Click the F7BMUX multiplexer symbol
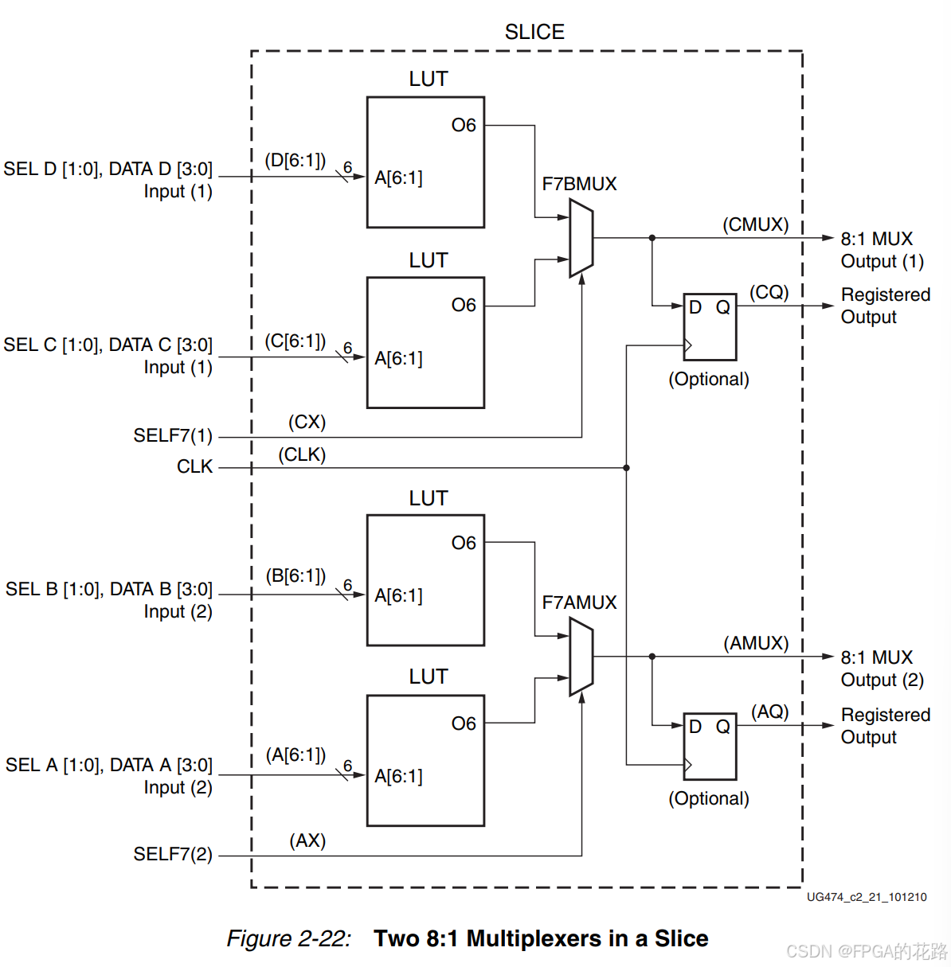click(x=581, y=238)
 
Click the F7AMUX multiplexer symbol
click(x=581, y=657)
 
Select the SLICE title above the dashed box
click(x=534, y=32)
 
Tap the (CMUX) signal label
click(x=755, y=224)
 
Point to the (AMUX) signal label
click(x=756, y=643)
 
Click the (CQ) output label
click(x=769, y=292)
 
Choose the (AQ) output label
click(x=769, y=712)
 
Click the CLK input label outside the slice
click(x=195, y=466)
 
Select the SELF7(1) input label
click(x=173, y=435)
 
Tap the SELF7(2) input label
click(x=173, y=854)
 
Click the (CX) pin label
click(x=307, y=422)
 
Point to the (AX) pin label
click(x=307, y=840)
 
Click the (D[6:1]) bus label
click(x=295, y=160)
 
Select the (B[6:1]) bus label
click(x=295, y=575)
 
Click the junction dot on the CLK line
click(x=627, y=468)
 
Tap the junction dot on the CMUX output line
click(x=652, y=238)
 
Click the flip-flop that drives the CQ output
click(x=710, y=326)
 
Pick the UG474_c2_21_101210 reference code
click(x=867, y=897)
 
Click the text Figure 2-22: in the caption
click(x=288, y=938)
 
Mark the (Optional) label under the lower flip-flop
click(x=709, y=798)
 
